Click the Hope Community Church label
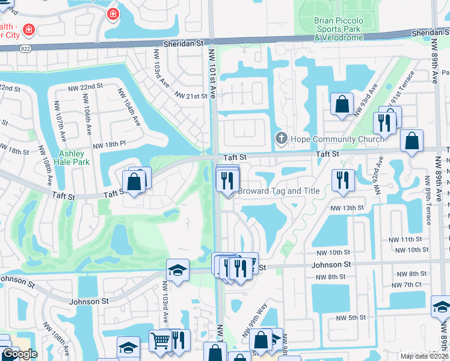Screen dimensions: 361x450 coord(337,140)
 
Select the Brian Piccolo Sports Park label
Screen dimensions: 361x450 coord(339,29)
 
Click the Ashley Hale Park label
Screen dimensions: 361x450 coord(71,158)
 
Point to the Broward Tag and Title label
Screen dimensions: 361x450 coord(279,191)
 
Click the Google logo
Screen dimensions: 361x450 coord(19,354)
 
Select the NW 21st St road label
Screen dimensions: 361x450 coord(191,96)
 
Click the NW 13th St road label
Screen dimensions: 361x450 coord(347,208)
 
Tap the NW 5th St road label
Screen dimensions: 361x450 coord(351,318)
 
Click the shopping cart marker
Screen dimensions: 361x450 coord(160,341)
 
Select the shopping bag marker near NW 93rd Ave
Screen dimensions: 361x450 coord(342,103)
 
